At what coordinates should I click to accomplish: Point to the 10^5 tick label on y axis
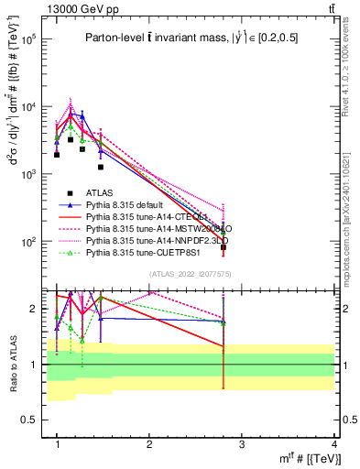29,40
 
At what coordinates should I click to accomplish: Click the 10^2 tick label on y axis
29,242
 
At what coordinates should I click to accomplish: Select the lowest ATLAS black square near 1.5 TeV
101,167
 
